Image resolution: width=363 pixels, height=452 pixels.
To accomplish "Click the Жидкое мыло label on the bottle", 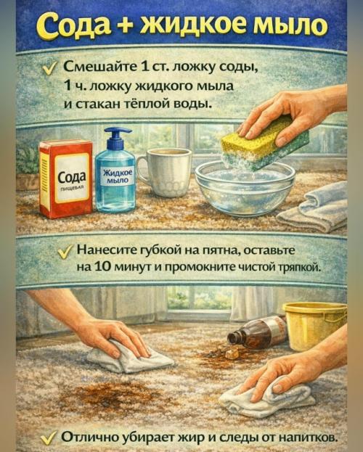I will [x=116, y=176].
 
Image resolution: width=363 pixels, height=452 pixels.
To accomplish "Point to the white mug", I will [x=167, y=171].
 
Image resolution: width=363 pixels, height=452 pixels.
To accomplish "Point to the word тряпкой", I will [x=299, y=266].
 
